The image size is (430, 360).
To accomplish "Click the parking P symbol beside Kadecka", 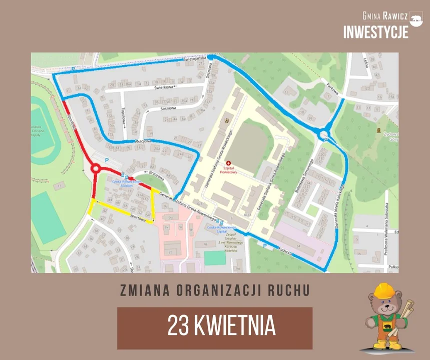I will pos(264,245).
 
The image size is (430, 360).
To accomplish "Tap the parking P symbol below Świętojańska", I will pos(73,69).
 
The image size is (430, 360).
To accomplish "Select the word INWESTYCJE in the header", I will pos(375,32).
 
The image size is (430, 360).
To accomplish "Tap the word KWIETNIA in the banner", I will pos(234,326).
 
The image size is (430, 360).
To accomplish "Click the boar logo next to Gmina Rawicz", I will pos(416,19).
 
